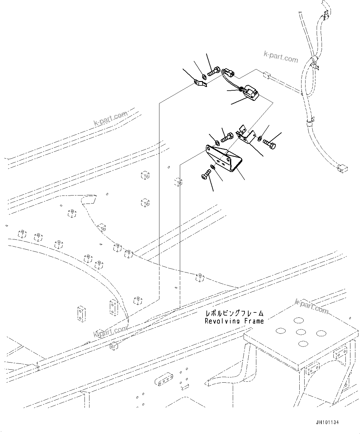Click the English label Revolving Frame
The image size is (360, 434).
coord(234,321)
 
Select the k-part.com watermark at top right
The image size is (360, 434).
coord(280,57)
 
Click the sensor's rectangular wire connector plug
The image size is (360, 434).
coord(229,73)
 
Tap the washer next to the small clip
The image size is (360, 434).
coord(204,76)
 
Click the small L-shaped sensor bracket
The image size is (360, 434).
coord(246,135)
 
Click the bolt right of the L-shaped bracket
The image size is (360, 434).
coord(269,144)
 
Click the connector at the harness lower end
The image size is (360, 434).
coord(341,168)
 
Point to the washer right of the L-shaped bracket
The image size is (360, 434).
coord(259,137)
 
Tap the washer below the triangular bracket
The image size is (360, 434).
coord(213,167)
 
